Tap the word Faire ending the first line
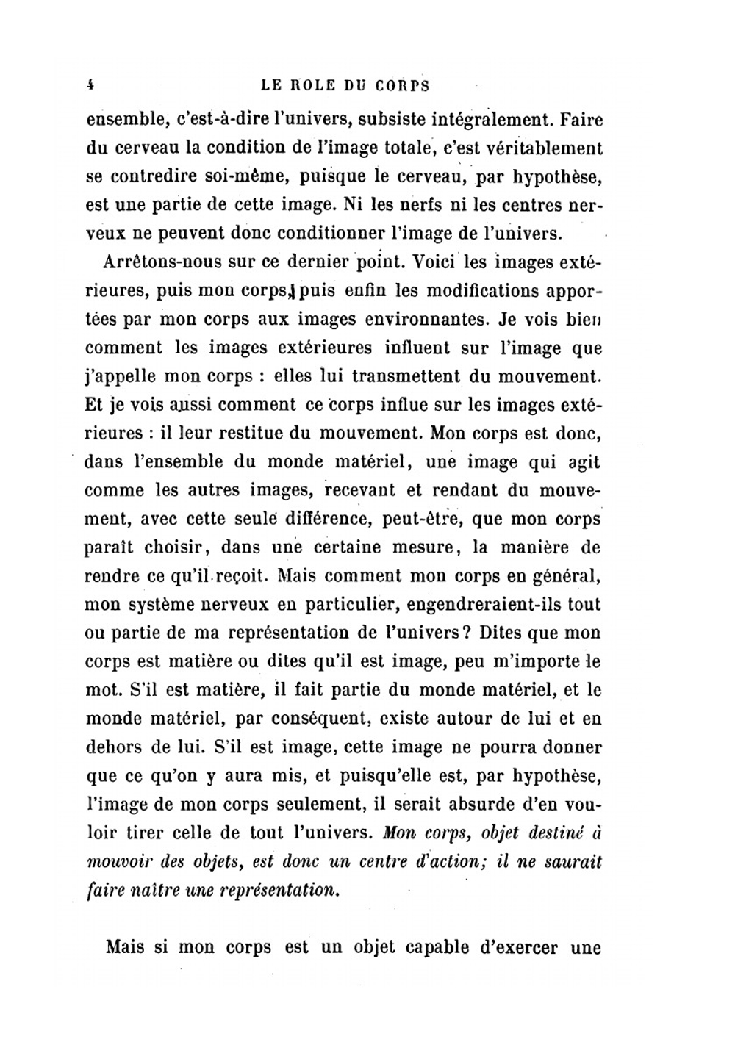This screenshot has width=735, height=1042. [x=581, y=119]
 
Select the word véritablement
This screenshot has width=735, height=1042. [x=542, y=148]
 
